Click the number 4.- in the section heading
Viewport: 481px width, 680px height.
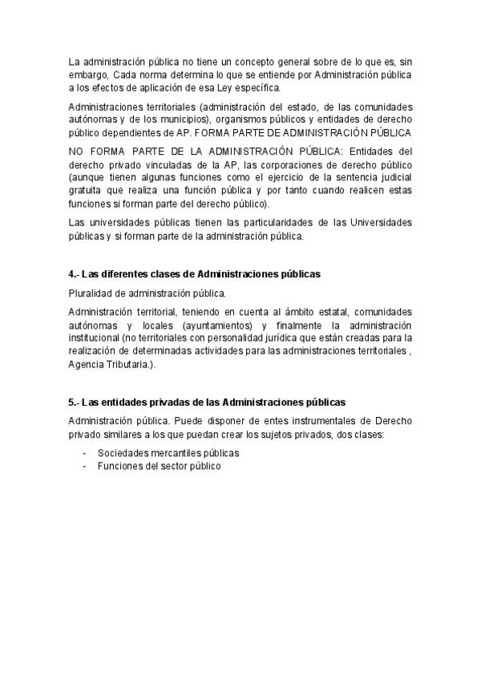[74, 274]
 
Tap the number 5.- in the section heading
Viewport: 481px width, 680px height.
[74, 401]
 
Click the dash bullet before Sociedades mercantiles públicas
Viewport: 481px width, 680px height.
[85, 453]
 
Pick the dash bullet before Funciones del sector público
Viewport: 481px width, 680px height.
[85, 465]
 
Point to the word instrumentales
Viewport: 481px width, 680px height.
[305, 420]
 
